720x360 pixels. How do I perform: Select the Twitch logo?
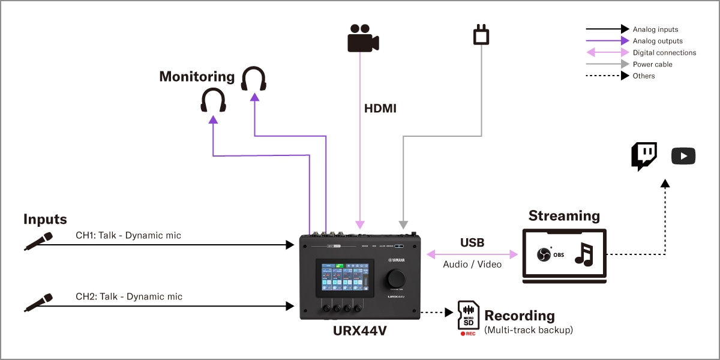click(644, 156)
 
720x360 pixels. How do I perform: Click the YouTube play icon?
click(683, 156)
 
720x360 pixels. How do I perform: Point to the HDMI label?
click(380, 109)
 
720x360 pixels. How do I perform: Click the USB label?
click(472, 243)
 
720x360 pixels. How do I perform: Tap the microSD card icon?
click(468, 316)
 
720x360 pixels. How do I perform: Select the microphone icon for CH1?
click(38, 241)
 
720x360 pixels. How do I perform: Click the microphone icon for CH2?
click(38, 302)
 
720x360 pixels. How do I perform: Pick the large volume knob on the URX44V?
click(396, 279)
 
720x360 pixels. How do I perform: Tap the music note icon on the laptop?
click(583, 254)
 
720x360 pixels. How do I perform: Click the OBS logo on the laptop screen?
click(544, 254)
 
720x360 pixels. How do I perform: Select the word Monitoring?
click(197, 77)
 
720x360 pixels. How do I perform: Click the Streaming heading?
click(563, 216)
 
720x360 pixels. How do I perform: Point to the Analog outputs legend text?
click(658, 41)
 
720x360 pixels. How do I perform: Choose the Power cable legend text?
click(652, 64)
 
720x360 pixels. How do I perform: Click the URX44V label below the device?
click(360, 329)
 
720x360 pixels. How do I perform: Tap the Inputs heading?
click(45, 220)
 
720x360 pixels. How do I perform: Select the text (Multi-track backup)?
click(529, 329)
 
